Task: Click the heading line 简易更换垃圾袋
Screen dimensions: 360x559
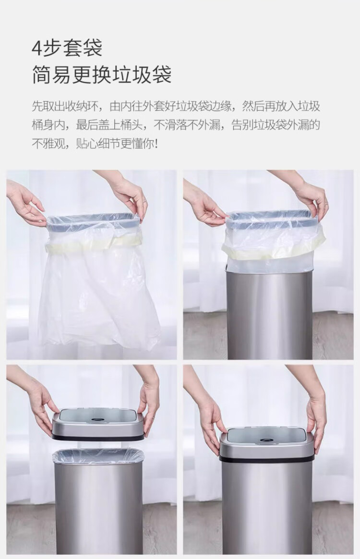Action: point(102,74)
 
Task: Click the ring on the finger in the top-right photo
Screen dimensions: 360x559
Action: point(326,203)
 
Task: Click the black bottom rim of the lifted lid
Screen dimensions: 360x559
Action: point(98,436)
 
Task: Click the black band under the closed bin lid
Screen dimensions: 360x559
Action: point(266,459)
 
